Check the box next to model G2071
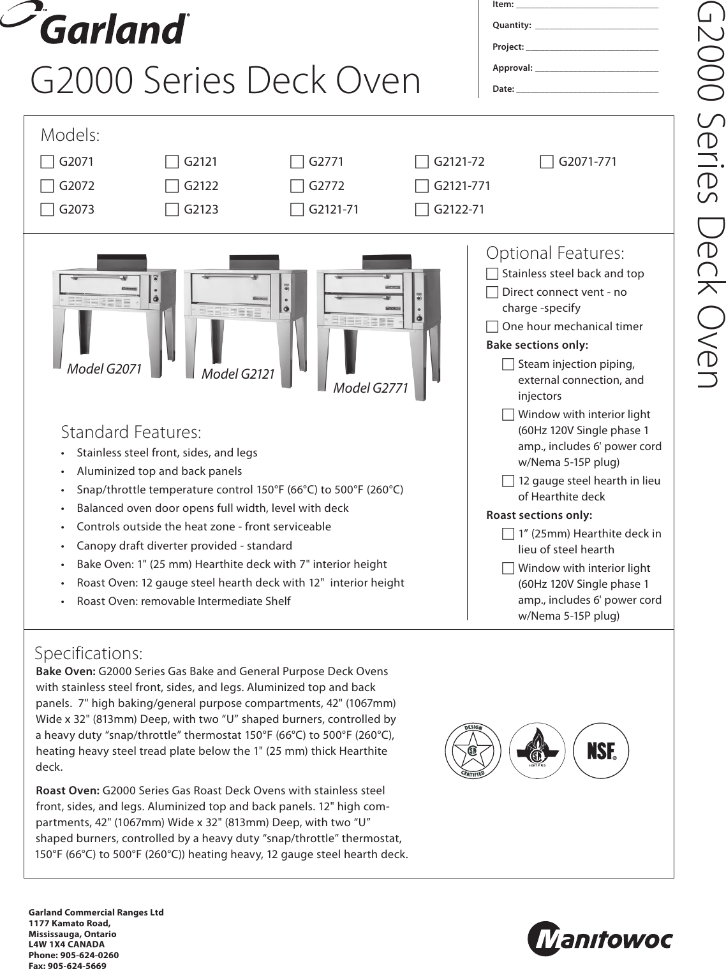click(x=47, y=162)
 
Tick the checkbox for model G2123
click(x=172, y=210)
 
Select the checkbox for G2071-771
click(x=547, y=162)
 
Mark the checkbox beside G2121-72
click(x=422, y=162)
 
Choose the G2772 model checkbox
click(x=297, y=186)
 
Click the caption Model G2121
click(x=238, y=374)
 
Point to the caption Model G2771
click(x=370, y=388)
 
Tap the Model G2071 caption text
click(x=104, y=368)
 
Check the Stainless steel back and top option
click(x=492, y=274)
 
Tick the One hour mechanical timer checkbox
click(x=492, y=327)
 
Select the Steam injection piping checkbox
click(x=508, y=365)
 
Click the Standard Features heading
click(x=131, y=432)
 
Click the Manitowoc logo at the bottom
click(x=600, y=940)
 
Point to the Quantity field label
click(x=512, y=25)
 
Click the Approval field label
click(x=512, y=68)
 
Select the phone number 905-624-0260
click(x=89, y=955)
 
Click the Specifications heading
click(x=89, y=653)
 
